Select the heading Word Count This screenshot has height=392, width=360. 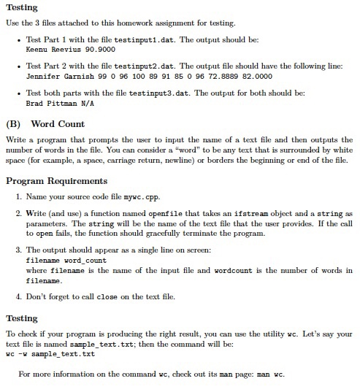(x=58, y=124)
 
